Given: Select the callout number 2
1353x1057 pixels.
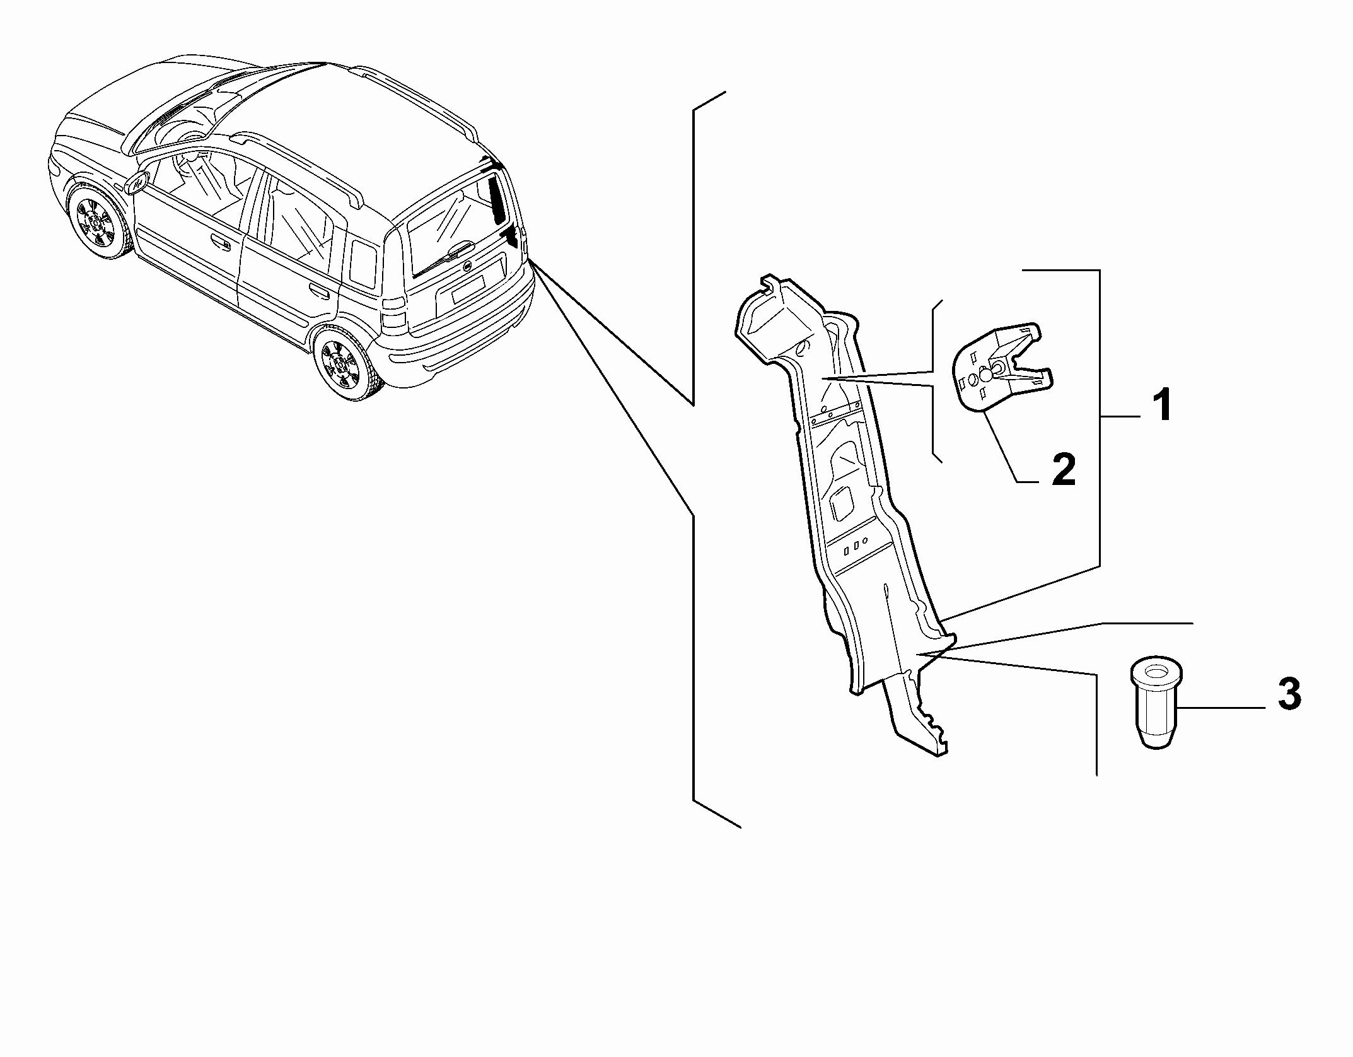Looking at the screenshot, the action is point(1064,469).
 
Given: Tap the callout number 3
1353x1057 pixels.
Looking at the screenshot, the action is point(1289,694).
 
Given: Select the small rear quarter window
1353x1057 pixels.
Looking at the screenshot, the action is point(363,262).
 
